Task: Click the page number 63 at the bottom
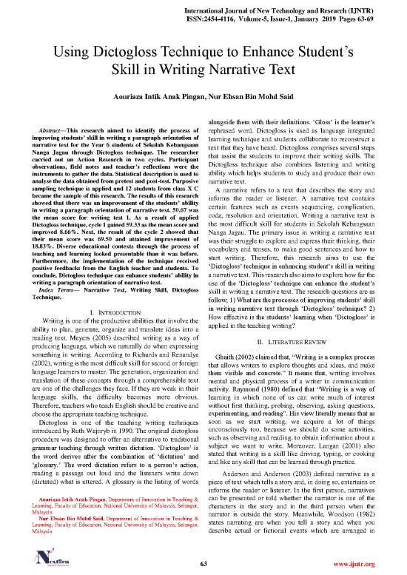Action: tap(203, 564)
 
